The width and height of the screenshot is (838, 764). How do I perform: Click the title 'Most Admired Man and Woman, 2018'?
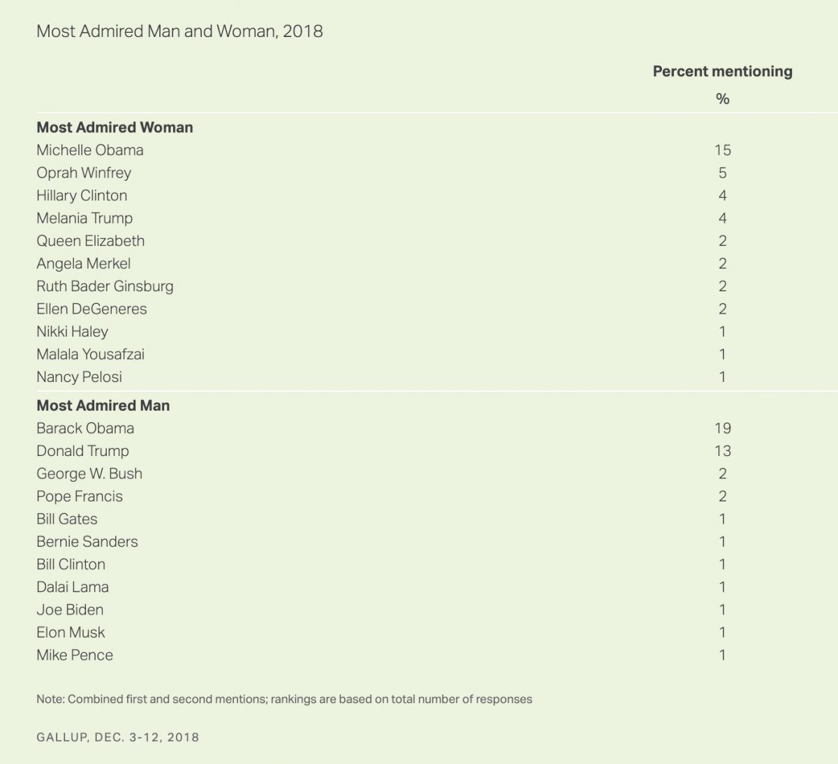179,31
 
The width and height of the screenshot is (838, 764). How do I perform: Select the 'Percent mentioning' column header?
722,71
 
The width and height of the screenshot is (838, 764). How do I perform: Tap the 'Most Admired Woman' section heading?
115,127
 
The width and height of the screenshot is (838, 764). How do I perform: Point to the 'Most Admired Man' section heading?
103,405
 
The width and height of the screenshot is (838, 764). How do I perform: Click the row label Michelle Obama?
90,150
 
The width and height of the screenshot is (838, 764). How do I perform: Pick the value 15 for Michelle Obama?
722,150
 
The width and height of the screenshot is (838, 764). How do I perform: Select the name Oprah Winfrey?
84,172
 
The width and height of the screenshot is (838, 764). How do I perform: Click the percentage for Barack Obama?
722,428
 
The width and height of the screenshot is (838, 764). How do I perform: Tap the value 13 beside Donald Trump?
722,450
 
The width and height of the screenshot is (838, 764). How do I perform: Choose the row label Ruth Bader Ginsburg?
105,286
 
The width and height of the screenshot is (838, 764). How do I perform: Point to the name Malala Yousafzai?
90,354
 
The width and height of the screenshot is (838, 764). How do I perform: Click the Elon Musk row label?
71,632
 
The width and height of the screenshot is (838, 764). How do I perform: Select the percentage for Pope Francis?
722,496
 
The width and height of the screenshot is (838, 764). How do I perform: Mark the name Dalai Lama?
73,587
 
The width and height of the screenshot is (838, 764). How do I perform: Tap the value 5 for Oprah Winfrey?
722,172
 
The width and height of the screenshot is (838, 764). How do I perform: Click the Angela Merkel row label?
83,263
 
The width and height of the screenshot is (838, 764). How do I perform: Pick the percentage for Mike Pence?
722,655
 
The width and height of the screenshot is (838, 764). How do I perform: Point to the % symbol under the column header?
722,99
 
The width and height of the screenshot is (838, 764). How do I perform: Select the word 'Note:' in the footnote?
50,699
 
